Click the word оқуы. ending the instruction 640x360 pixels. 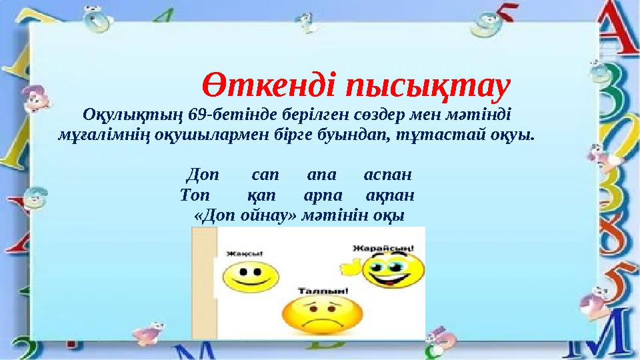click(x=513, y=135)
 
